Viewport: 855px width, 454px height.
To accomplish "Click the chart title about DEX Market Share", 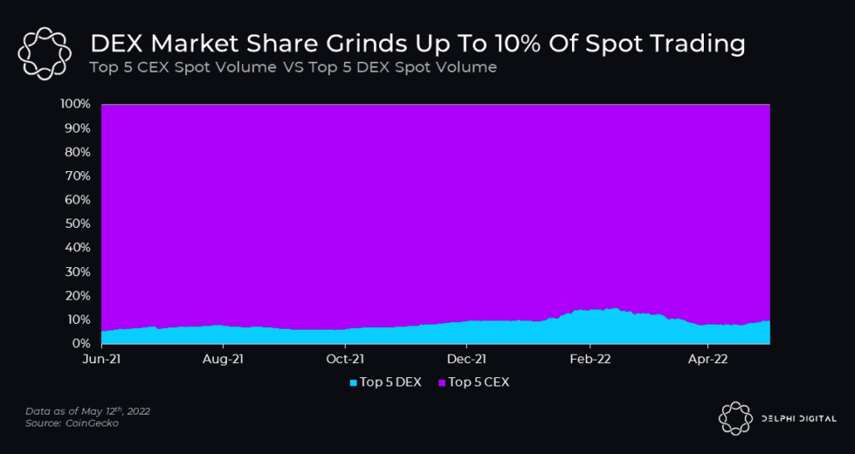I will click(x=417, y=43).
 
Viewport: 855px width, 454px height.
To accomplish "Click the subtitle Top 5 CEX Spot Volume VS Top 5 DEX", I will click(x=293, y=67).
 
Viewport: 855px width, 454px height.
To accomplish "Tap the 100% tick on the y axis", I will click(x=75, y=104).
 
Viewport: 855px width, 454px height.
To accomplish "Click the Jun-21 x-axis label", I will click(x=101, y=360).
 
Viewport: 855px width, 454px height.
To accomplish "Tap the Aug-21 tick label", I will click(x=223, y=360).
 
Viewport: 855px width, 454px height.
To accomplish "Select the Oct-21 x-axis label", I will click(x=345, y=360).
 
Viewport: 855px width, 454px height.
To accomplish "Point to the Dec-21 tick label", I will click(x=467, y=360).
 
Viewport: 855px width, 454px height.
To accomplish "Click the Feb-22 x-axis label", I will click(x=589, y=360).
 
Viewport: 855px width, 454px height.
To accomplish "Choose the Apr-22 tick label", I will click(x=708, y=360).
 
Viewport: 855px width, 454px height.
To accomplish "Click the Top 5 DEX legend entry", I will click(x=390, y=382).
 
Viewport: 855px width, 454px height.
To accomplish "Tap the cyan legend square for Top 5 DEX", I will click(x=354, y=382).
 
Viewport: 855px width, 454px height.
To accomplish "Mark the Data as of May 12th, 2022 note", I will click(x=88, y=411).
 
